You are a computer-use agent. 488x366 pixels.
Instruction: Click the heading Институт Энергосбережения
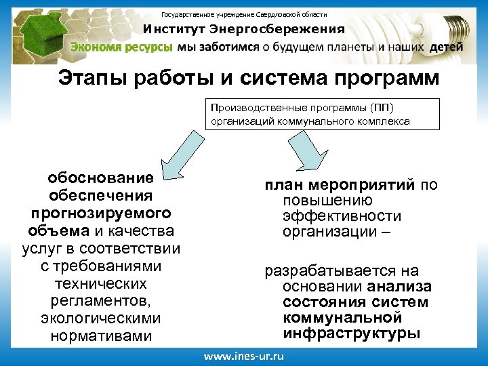[x=243, y=29]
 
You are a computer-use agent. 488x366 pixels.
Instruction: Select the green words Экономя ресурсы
[x=121, y=47]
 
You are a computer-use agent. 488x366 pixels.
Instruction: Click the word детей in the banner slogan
[x=446, y=47]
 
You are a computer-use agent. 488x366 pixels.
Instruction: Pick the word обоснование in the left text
[x=100, y=178]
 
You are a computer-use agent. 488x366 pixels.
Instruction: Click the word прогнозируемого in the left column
[x=100, y=213]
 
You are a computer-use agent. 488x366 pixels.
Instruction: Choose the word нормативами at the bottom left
[x=100, y=335]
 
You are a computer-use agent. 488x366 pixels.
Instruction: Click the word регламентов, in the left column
[x=100, y=300]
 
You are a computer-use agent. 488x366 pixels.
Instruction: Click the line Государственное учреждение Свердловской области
[x=243, y=14]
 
